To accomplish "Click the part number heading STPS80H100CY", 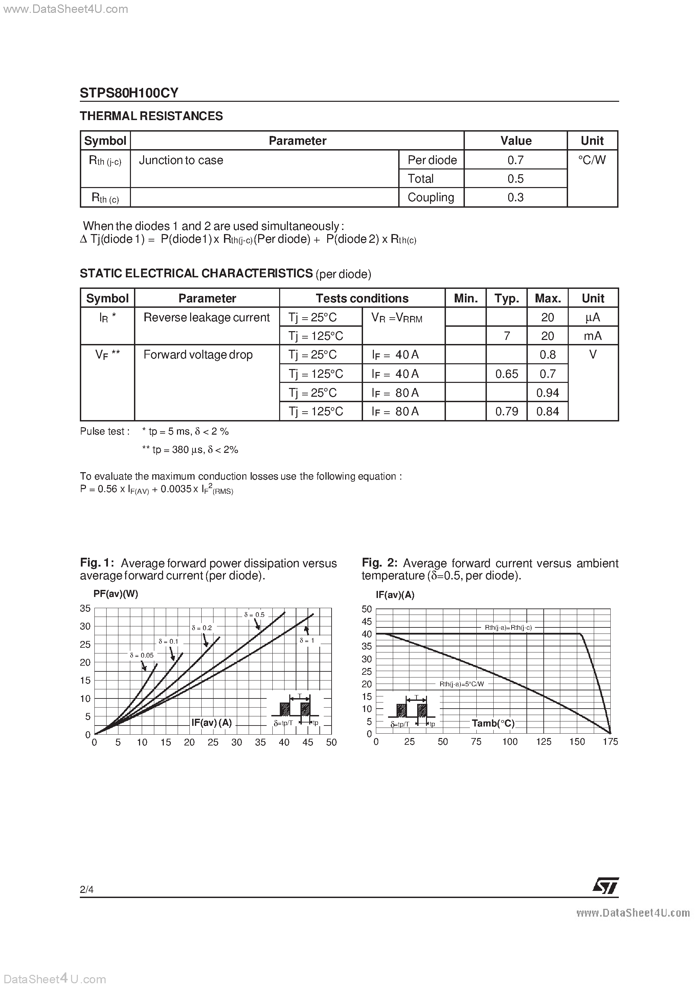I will click(x=129, y=93).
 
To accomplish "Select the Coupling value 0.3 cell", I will click(x=515, y=197).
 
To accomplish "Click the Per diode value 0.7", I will click(x=515, y=160).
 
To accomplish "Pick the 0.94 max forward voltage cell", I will click(x=547, y=392).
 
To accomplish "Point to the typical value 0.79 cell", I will click(x=506, y=411).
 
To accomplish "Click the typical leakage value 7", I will click(x=507, y=336).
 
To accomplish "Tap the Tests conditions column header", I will click(x=362, y=298).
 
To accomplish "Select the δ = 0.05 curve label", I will click(x=141, y=655).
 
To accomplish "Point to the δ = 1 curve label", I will click(x=307, y=641).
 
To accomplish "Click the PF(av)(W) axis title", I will click(x=115, y=594).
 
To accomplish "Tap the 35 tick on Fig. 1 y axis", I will click(x=85, y=608).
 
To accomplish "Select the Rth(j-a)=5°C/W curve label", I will click(x=461, y=684).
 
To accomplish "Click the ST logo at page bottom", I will click(x=606, y=886).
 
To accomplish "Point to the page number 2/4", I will click(x=87, y=889).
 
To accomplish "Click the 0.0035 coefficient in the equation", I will click(x=176, y=489).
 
